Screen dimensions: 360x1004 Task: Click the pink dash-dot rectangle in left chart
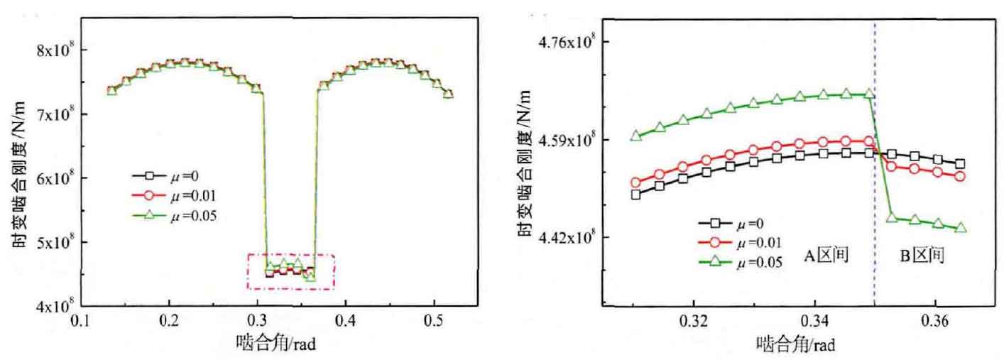click(x=290, y=254)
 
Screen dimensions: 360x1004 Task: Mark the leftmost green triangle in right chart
click(x=635, y=135)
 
